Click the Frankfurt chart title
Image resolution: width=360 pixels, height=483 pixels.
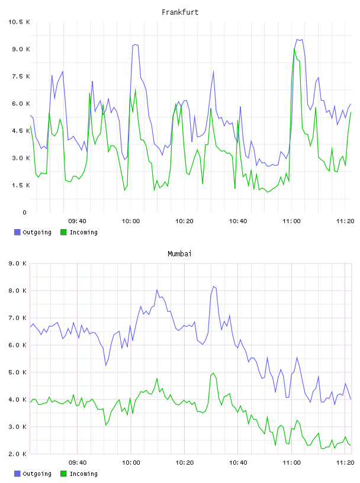180,12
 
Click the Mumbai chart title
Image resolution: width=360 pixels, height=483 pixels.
179,254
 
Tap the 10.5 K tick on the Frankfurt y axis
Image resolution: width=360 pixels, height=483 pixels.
19,22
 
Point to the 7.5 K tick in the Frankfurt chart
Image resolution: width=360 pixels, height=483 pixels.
21,76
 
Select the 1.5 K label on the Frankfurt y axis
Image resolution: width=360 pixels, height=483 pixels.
21,185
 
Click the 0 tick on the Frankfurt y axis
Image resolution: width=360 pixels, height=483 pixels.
25,212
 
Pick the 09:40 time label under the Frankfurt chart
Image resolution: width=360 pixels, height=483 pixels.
77,221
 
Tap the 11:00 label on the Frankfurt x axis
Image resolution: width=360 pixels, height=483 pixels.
291,221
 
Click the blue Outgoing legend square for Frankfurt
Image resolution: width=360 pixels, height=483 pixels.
17,232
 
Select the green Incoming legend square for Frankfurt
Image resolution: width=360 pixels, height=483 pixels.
63,232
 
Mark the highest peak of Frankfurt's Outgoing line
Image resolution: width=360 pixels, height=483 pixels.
297,40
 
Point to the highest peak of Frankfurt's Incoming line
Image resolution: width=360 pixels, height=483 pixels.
294,49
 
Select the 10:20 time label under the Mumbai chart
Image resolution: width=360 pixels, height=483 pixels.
185,462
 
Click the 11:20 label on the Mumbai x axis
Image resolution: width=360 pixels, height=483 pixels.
345,462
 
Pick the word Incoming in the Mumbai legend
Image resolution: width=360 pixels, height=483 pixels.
83,474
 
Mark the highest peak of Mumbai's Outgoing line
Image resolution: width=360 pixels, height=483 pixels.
214,286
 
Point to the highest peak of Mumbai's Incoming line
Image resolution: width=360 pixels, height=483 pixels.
214,373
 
